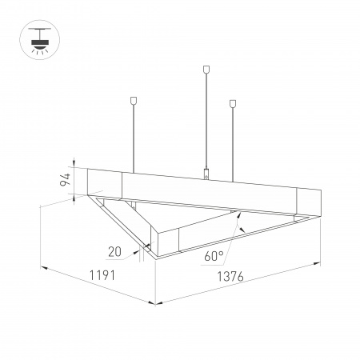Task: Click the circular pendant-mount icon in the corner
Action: pos(37,39)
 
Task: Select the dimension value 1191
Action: pos(102,276)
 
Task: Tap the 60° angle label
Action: pos(214,257)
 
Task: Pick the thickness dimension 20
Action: pos(114,251)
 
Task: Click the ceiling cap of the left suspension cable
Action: pos(133,102)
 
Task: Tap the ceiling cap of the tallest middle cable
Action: pos(207,70)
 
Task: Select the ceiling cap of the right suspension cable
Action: pos(234,103)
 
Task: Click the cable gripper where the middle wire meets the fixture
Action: pos(207,173)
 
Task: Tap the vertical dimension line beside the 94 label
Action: pos(73,182)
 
